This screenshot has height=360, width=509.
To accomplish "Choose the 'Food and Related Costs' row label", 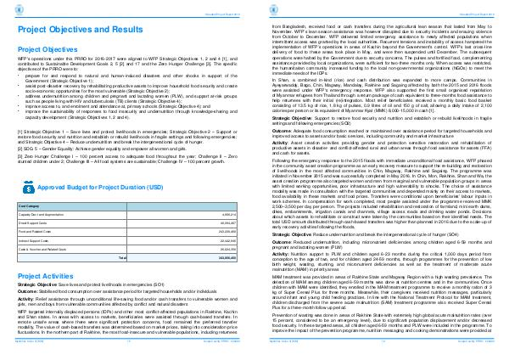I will pyautogui.click(x=35, y=231).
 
